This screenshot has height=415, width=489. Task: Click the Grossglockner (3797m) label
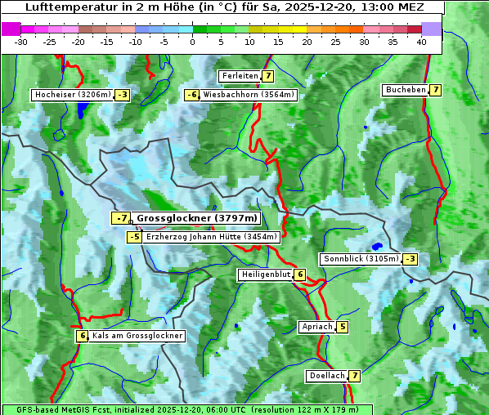(196, 218)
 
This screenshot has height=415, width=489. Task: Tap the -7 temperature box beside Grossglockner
(121, 218)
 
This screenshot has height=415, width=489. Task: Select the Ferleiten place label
(240, 76)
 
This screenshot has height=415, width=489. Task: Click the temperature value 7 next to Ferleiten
(268, 76)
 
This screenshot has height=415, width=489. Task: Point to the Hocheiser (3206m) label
(72, 95)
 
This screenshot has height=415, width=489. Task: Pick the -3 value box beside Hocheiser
(122, 95)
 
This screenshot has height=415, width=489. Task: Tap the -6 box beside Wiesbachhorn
(192, 95)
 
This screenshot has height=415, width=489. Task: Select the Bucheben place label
(406, 89)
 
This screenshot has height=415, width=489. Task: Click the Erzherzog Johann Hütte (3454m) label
(212, 237)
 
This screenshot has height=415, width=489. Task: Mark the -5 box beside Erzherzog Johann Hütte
(135, 237)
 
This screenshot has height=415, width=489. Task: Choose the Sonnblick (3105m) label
(361, 259)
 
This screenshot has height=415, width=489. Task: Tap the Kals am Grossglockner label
(137, 336)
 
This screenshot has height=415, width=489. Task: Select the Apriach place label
(317, 327)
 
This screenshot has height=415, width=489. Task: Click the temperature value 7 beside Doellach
(355, 376)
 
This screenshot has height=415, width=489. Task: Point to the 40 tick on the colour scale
(421, 42)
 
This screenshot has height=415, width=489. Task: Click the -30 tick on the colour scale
(20, 42)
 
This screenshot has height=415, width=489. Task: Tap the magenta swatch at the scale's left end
(11, 29)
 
